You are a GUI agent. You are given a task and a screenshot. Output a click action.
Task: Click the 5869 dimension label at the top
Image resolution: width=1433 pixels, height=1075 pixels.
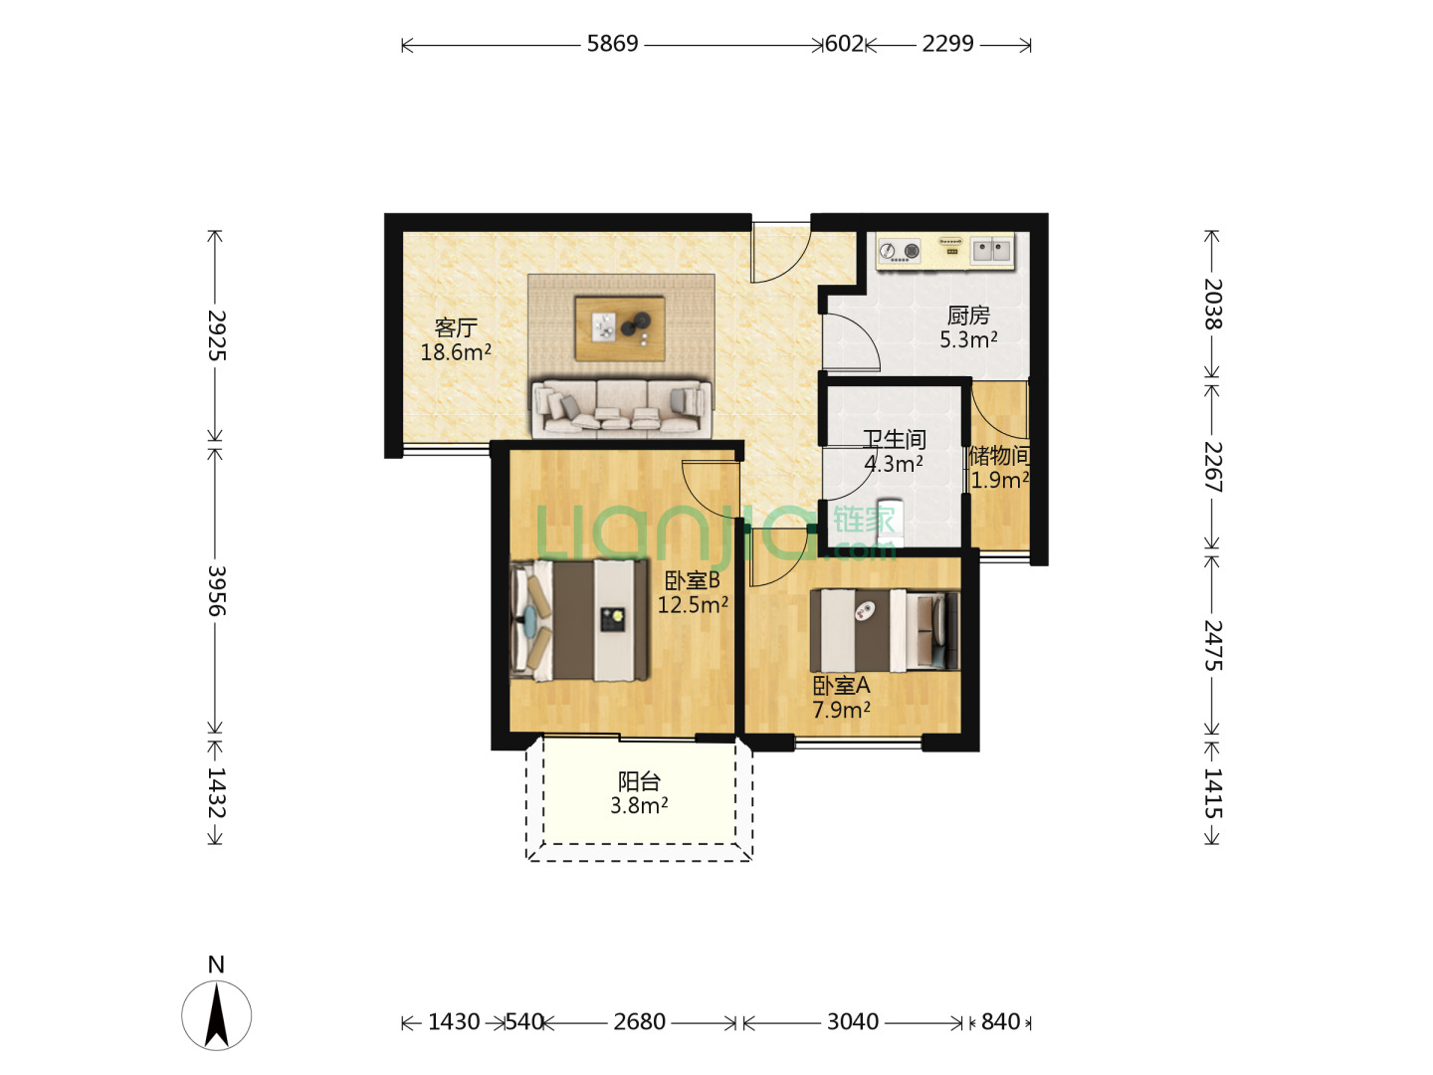(x=612, y=44)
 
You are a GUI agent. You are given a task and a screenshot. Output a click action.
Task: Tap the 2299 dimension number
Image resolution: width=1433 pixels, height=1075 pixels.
(x=947, y=44)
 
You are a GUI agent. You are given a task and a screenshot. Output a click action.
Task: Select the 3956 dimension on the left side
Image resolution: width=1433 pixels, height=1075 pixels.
(x=216, y=590)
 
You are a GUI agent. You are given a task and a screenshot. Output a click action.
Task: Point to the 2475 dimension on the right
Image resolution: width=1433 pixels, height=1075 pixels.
(x=1212, y=645)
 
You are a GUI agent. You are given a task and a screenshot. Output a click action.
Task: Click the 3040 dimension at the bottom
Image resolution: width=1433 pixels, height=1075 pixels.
(x=853, y=1021)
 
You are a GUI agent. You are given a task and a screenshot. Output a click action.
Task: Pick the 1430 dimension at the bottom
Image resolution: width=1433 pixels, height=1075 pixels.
(x=454, y=1021)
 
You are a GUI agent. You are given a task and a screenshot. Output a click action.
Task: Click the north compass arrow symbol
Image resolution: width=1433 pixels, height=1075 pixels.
(x=216, y=1015)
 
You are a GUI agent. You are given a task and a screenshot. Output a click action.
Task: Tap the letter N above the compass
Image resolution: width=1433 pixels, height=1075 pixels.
(x=216, y=965)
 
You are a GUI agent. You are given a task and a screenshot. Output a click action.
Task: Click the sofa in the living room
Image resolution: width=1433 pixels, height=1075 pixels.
(x=622, y=408)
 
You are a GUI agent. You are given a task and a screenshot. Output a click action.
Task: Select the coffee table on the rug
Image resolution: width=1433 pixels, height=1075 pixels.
(x=620, y=328)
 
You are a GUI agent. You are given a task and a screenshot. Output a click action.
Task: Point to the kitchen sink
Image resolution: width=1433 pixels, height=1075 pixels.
(x=991, y=250)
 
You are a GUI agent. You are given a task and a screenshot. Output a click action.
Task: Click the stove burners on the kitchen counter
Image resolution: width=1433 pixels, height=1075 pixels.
(x=899, y=251)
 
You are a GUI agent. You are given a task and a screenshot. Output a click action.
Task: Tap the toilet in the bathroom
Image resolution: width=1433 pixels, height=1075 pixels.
(x=890, y=523)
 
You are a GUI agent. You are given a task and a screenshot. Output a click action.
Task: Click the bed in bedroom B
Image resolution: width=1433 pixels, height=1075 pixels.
(x=580, y=620)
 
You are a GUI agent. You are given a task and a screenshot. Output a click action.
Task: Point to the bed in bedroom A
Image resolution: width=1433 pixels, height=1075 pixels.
(x=885, y=631)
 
